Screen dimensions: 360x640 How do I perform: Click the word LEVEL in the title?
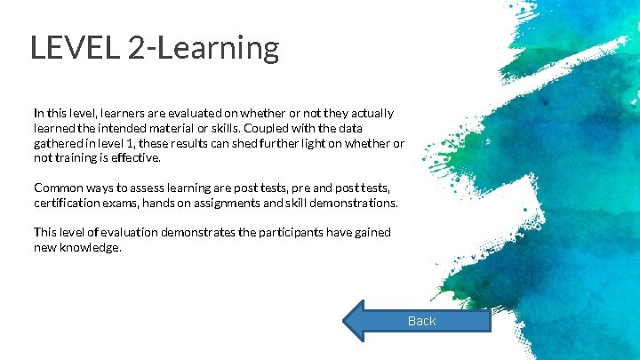pos(75,48)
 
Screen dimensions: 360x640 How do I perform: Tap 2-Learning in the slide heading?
pos(204,48)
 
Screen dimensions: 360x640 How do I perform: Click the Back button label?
pos(421,321)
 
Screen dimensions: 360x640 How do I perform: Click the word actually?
pos(372,114)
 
